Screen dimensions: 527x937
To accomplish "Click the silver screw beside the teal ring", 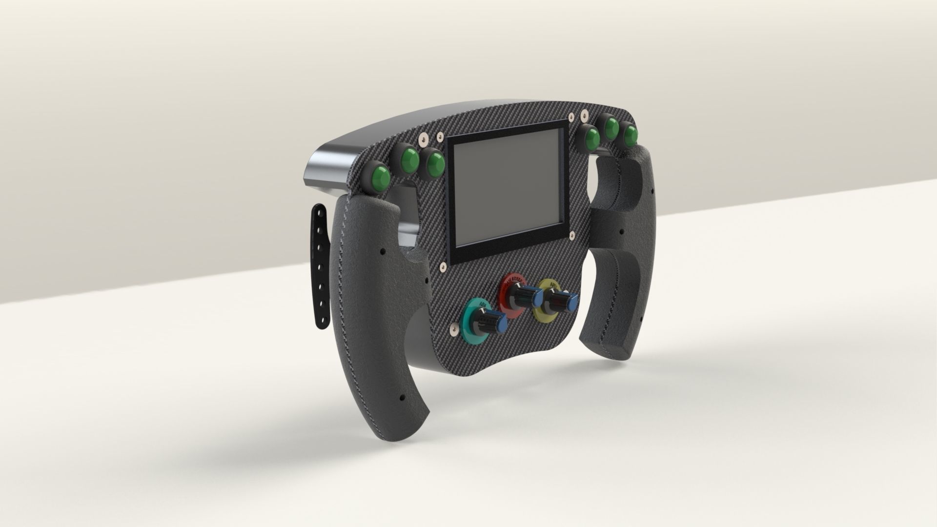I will click(x=454, y=333).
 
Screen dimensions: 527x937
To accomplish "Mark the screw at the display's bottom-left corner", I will click(x=443, y=266).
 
